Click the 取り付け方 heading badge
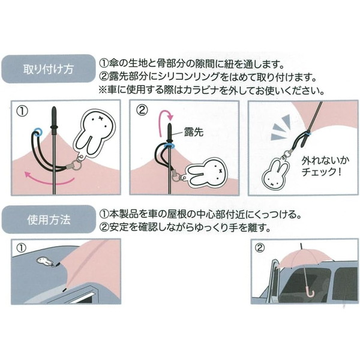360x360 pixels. click(x=49, y=68)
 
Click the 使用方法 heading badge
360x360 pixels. click(x=49, y=220)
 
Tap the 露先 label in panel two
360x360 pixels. click(x=194, y=131)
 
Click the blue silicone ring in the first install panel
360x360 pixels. click(x=37, y=132)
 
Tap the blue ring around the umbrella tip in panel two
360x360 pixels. click(x=169, y=146)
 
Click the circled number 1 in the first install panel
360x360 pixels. click(x=23, y=111)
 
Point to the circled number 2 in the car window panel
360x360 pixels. click(x=260, y=247)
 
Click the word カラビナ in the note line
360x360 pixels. click(x=202, y=90)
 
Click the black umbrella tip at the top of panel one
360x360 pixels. click(x=54, y=118)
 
